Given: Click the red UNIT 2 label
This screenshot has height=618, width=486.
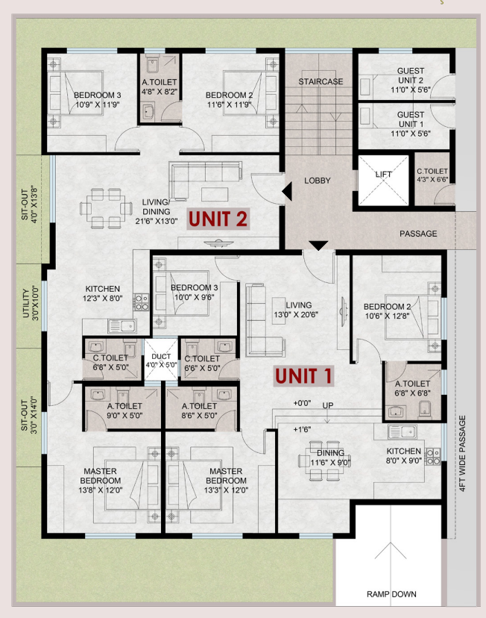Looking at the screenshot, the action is (218, 219).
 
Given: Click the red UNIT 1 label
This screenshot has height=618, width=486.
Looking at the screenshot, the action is (303, 375).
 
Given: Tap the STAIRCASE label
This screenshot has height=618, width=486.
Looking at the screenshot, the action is (321, 81).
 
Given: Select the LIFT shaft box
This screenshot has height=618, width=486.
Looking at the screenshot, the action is (383, 180).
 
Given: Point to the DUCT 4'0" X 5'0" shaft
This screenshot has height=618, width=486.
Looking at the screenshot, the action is (161, 360).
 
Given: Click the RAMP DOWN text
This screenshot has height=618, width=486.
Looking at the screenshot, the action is (391, 594).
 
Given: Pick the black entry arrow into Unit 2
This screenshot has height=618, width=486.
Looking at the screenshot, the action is (287, 191).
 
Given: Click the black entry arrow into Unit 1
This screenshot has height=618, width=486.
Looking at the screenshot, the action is (318, 245).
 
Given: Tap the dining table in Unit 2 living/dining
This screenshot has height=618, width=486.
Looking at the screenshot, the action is (107, 208).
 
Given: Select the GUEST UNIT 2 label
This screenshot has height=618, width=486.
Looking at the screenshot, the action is (411, 80).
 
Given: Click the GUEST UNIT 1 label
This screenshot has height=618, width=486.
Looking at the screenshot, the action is (411, 124).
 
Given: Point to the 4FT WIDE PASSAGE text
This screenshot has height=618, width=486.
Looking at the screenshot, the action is (462, 453).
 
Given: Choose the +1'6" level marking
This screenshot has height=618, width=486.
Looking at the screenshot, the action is (302, 429).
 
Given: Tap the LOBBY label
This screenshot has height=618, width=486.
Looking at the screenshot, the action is (318, 181).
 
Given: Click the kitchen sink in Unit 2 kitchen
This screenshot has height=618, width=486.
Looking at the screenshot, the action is (122, 326).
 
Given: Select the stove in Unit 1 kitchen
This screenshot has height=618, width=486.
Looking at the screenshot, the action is (432, 456).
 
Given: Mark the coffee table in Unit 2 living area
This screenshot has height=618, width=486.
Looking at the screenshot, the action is (215, 194).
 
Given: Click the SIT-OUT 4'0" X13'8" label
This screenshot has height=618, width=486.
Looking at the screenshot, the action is (29, 205).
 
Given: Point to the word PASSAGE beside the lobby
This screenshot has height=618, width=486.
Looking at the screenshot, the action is (418, 234).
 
